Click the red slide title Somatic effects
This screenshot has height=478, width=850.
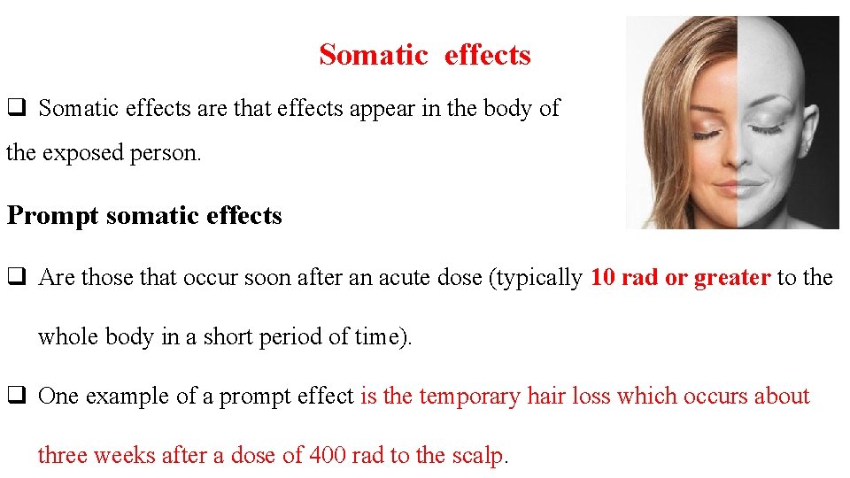point(425,55)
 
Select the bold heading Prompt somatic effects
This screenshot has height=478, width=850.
point(144,216)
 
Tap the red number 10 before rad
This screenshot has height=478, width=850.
point(602,278)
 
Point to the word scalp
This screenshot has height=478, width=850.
point(475,455)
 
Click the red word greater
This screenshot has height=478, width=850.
point(731,278)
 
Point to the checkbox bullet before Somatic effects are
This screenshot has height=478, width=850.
point(16,109)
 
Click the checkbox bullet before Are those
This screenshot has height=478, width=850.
point(16,278)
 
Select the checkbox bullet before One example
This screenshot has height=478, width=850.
point(16,397)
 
